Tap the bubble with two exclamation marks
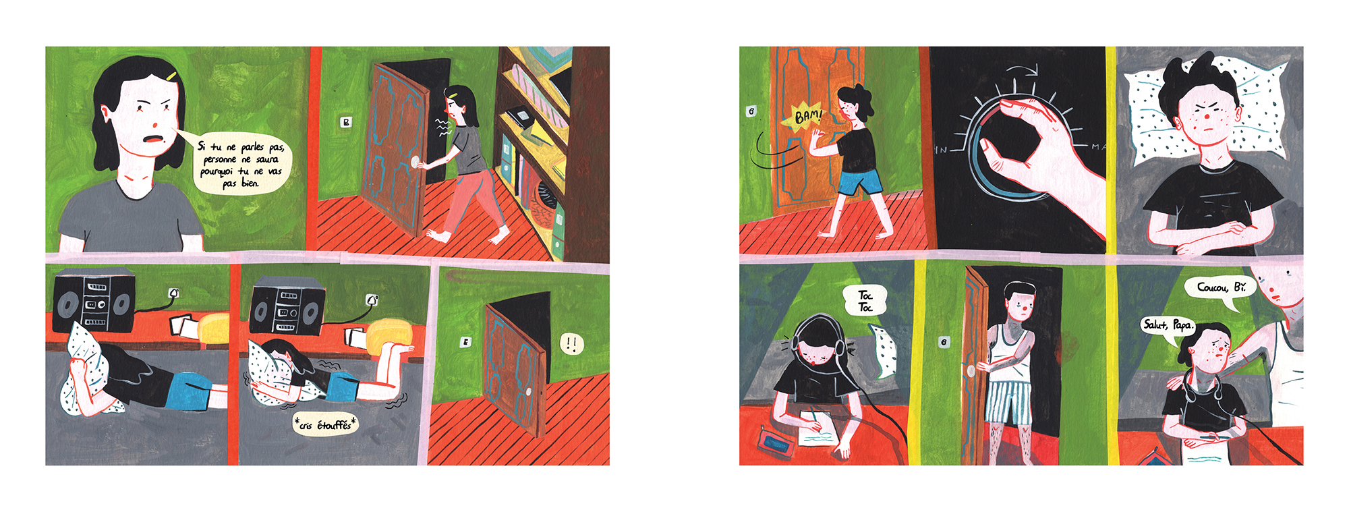pos(572,344)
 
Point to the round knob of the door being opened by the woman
pos(418,162)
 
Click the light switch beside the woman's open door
pos(346,122)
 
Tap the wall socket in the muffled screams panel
pos(372,300)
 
